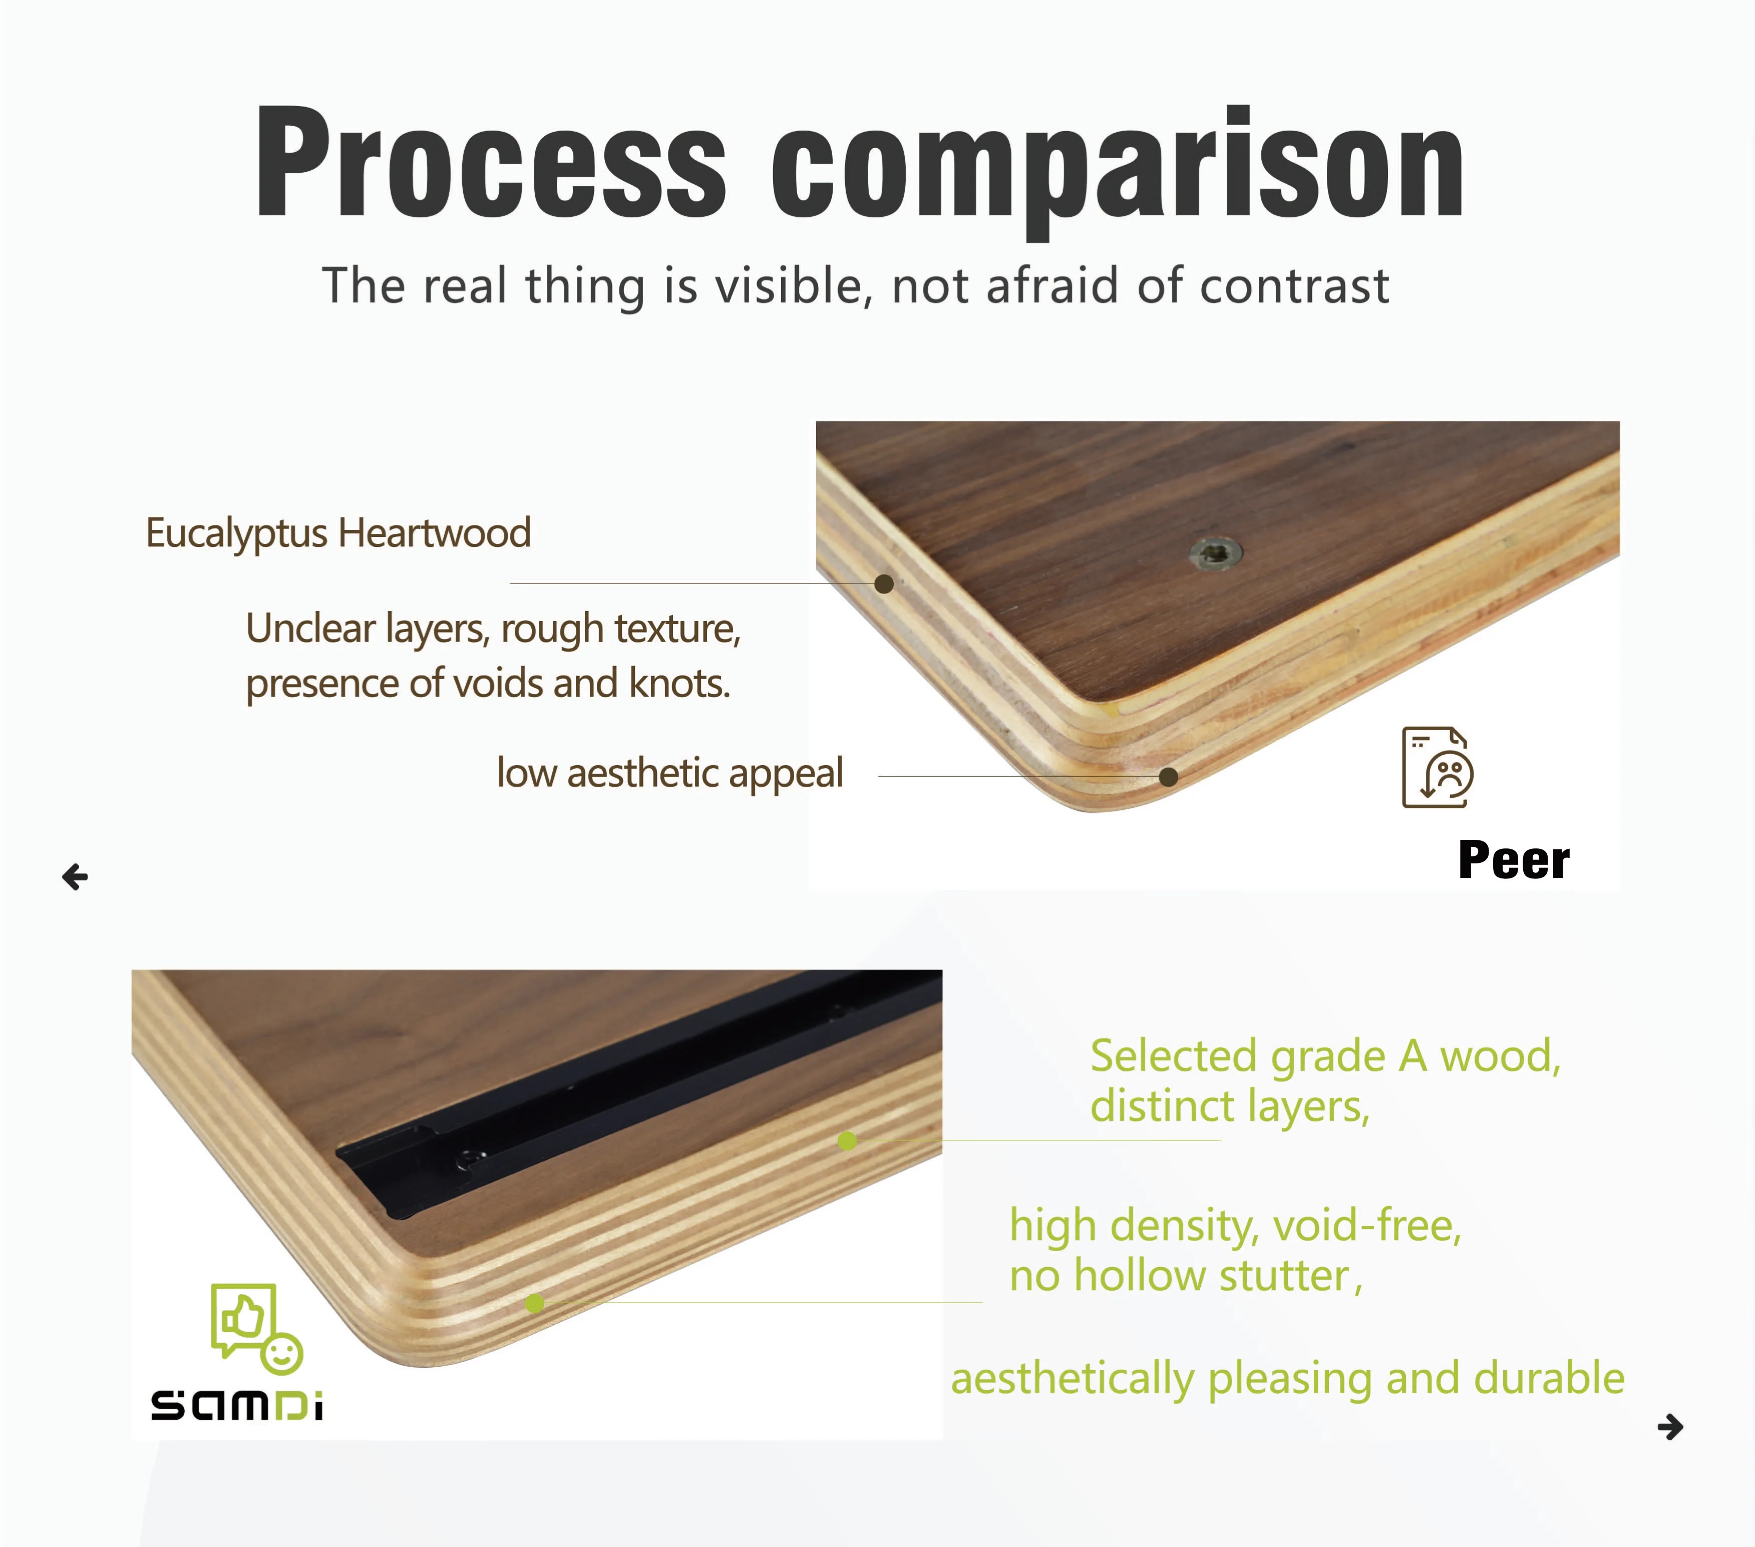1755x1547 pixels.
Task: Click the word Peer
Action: pos(1514,860)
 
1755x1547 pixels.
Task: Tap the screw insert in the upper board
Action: pos(1215,553)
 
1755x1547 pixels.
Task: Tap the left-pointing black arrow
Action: pos(76,877)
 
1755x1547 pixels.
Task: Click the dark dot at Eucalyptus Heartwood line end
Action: pos(884,584)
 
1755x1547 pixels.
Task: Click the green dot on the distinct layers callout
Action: pos(847,1141)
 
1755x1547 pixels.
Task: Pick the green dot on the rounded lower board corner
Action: pos(535,1303)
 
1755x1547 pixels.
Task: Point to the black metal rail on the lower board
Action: pos(635,1091)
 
